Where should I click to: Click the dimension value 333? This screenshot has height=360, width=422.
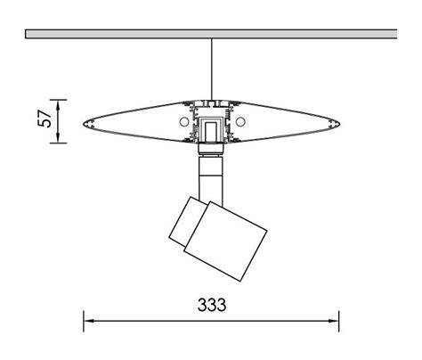pos(211,305)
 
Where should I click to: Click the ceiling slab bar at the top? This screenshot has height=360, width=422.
pos(211,34)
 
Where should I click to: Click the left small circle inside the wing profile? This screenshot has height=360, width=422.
pos(182,119)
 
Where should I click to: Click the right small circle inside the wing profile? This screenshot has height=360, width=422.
pos(241,119)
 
